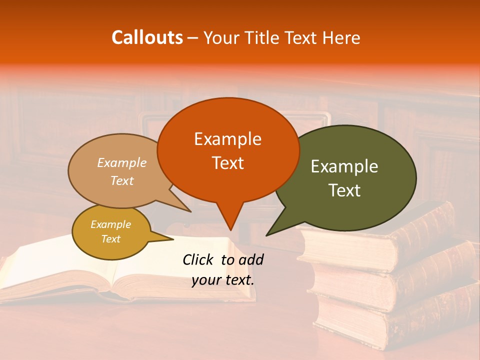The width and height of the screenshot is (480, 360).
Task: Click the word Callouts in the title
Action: pyautogui.click(x=147, y=37)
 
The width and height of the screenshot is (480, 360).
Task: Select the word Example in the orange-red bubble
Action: pyautogui.click(x=227, y=139)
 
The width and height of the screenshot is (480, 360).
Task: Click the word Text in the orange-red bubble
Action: pyautogui.click(x=227, y=163)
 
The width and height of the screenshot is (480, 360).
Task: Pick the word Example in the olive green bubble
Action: pyautogui.click(x=344, y=166)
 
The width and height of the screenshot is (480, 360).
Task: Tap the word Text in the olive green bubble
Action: pyautogui.click(x=344, y=190)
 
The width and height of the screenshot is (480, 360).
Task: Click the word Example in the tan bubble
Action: pyautogui.click(x=122, y=162)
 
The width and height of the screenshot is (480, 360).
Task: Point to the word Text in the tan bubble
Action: pyautogui.click(x=122, y=180)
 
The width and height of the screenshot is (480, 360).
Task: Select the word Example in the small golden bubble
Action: pyautogui.click(x=110, y=224)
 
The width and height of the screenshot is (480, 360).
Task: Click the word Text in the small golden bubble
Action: pyautogui.click(x=110, y=239)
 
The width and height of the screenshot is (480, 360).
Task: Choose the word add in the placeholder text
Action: pyautogui.click(x=251, y=259)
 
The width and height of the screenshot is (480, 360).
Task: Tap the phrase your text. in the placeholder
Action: pyautogui.click(x=222, y=280)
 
